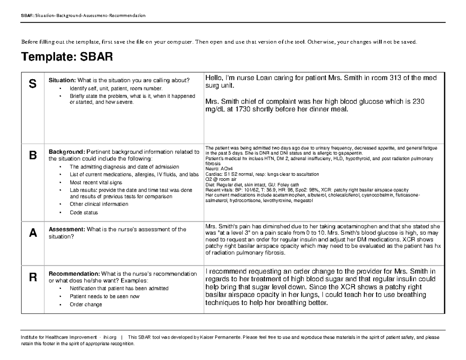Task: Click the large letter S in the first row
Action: coord(33,83)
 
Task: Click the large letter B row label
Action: coord(33,155)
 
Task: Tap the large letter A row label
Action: coord(33,233)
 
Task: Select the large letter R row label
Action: coord(33,277)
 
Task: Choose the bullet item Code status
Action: coord(83,213)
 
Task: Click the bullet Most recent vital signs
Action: coord(96,183)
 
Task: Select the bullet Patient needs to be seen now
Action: coord(104,296)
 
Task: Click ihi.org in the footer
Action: coord(110,337)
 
